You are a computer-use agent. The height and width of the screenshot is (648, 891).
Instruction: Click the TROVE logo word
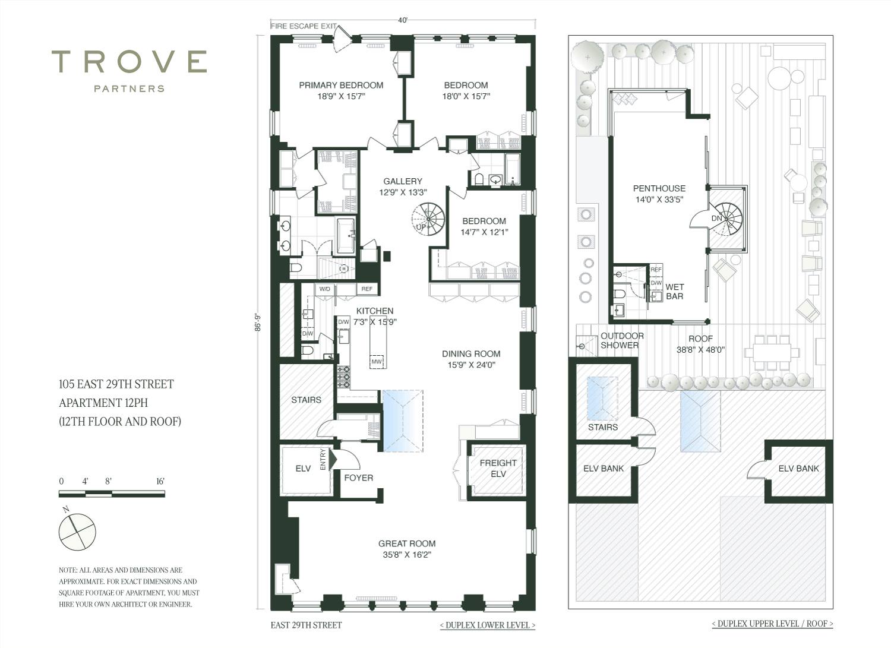[129, 62]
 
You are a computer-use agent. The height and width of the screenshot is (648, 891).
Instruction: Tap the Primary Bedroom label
[341, 85]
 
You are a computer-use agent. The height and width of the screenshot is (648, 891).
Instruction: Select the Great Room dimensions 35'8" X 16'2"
[407, 555]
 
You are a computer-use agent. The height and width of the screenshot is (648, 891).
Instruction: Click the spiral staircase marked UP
[428, 219]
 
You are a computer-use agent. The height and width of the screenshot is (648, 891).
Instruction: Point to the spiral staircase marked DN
[726, 219]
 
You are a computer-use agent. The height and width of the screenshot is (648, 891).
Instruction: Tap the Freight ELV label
[498, 468]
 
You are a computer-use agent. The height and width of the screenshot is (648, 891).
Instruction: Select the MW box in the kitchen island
[376, 362]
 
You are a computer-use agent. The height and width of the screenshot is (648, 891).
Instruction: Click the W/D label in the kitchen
[324, 289]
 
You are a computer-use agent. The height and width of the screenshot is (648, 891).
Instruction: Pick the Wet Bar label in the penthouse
[675, 292]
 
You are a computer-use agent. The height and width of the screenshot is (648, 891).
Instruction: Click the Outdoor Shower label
[622, 340]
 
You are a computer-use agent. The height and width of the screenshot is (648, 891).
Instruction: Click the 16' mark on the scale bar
[160, 481]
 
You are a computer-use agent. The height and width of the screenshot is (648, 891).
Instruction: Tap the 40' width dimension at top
[403, 20]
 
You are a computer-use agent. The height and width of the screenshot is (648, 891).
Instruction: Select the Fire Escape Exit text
[304, 26]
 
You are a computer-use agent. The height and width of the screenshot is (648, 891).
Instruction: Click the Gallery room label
[403, 181]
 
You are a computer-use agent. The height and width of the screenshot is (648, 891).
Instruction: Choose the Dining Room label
[471, 353]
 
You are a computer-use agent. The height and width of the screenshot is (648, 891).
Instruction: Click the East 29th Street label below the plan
[306, 625]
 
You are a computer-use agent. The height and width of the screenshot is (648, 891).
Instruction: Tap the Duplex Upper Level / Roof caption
[772, 624]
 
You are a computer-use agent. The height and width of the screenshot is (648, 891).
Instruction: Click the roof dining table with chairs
[772, 353]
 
